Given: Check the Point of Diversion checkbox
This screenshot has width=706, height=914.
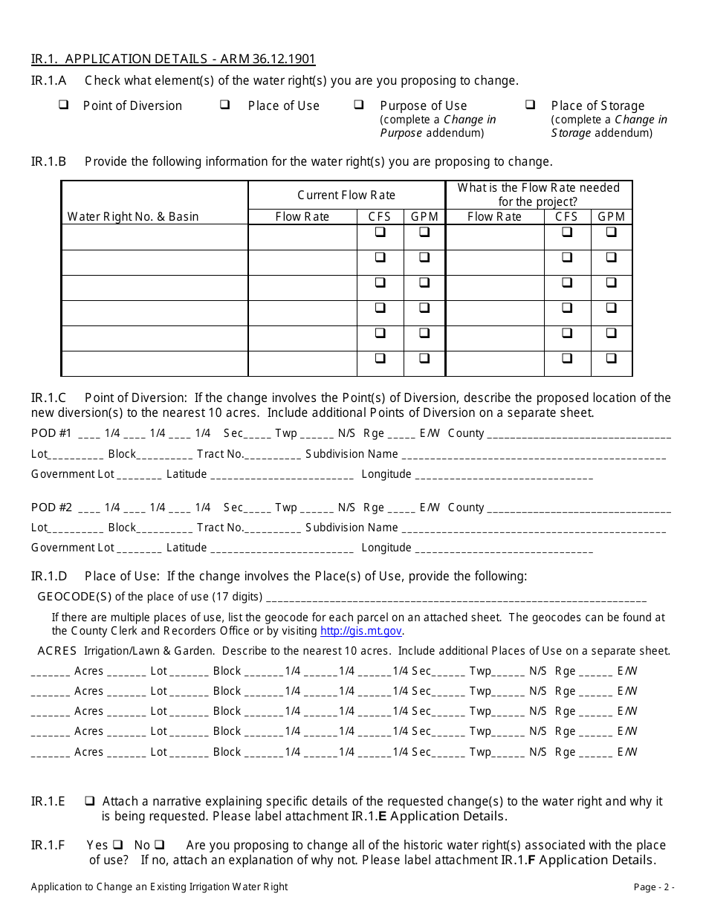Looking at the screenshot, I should pyautogui.click(x=64, y=106).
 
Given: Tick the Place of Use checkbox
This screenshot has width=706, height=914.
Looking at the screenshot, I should pyautogui.click(x=224, y=106).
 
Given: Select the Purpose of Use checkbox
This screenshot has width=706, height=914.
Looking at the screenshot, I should pyautogui.click(x=359, y=106).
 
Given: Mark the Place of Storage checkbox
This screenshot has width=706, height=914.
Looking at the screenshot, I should pyautogui.click(x=531, y=106).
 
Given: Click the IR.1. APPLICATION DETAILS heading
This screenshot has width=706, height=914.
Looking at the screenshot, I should pyautogui.click(x=173, y=60).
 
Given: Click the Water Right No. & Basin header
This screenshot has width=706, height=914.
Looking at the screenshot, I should pyautogui.click(x=133, y=217).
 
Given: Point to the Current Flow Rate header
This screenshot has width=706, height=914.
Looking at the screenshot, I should pyautogui.click(x=346, y=195).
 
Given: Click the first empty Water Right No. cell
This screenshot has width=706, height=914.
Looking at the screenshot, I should pyautogui.click(x=155, y=238).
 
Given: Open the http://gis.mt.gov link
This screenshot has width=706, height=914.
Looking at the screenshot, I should pyautogui.click(x=361, y=631).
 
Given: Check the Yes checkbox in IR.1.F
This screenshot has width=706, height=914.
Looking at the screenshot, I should pyautogui.click(x=117, y=846).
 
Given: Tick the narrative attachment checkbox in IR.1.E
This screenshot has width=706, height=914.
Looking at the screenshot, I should pyautogui.click(x=89, y=802).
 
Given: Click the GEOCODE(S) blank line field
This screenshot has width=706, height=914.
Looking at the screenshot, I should pyautogui.click(x=456, y=598).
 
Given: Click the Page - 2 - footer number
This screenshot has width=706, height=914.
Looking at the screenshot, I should pyautogui.click(x=654, y=887).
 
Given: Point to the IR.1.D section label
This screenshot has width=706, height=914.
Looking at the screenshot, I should pyautogui.click(x=49, y=577).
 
